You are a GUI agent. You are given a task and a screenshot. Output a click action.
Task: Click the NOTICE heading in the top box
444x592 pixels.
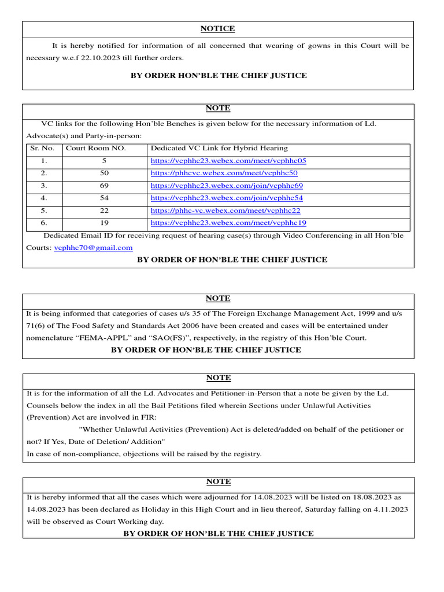click(x=217, y=28)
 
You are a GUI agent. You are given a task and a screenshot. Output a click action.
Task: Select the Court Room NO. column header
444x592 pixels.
click(x=95, y=149)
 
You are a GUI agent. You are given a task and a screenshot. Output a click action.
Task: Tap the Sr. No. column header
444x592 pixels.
click(x=42, y=149)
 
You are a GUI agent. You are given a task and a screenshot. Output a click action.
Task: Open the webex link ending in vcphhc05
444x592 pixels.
click(x=228, y=161)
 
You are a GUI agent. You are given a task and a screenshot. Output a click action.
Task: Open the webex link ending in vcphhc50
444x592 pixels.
click(x=224, y=173)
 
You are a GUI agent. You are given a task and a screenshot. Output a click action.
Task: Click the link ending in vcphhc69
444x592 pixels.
click(x=227, y=186)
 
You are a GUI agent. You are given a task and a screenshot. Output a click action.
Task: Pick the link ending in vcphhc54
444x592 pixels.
click(x=227, y=198)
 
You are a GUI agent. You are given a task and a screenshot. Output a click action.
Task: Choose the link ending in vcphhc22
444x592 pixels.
click(x=225, y=211)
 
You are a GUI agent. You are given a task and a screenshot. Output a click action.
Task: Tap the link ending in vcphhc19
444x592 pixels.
click(x=228, y=223)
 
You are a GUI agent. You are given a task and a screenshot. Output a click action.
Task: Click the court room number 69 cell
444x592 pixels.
click(x=104, y=186)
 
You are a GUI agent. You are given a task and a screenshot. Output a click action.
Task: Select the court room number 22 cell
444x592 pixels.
click(x=104, y=211)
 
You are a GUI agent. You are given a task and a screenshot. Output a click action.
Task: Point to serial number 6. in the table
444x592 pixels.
click(x=44, y=223)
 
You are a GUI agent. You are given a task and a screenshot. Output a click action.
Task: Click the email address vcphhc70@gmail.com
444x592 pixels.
click(x=93, y=247)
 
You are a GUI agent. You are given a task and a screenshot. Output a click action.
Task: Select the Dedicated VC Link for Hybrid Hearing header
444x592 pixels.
click(x=219, y=149)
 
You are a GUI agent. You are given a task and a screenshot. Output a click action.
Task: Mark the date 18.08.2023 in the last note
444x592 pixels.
click(x=364, y=497)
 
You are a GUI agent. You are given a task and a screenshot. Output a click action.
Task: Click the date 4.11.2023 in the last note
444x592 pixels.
click(x=387, y=509)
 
